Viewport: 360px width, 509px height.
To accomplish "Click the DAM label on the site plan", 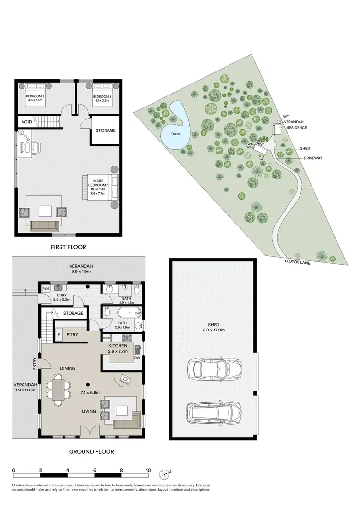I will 176,134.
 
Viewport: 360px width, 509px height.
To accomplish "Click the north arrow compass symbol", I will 167,472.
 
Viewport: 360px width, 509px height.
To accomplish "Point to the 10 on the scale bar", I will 149,470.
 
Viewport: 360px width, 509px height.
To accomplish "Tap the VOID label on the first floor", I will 27,122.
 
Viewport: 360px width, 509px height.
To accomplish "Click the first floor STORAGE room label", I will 105,130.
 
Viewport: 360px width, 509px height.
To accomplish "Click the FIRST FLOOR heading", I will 68,247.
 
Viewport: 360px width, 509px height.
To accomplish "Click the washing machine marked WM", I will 46,288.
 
